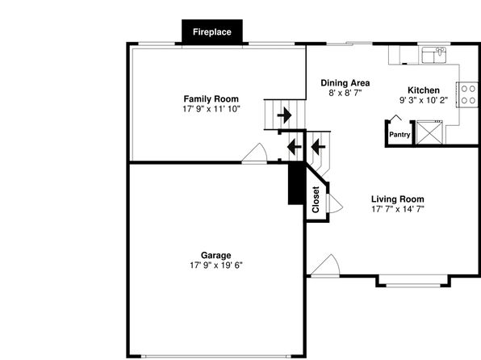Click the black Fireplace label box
[x=212, y=31]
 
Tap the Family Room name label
[x=211, y=99]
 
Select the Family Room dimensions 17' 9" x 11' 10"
[x=211, y=109]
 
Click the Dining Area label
[x=345, y=83]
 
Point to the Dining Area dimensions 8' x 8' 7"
[x=345, y=93]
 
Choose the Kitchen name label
[x=424, y=90]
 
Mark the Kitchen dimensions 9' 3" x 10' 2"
[x=424, y=100]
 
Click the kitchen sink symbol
[x=434, y=55]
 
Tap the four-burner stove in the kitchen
[x=467, y=94]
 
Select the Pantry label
[x=399, y=135]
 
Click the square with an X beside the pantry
[x=429, y=132]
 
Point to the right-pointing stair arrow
[x=284, y=115]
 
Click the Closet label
[x=316, y=199]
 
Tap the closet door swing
[x=335, y=203]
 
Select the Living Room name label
[x=398, y=199]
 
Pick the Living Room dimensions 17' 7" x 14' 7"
[x=398, y=209]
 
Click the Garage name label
[x=216, y=255]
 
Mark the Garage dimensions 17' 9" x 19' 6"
[x=216, y=266]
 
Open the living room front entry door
[x=325, y=266]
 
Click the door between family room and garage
[x=254, y=153]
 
